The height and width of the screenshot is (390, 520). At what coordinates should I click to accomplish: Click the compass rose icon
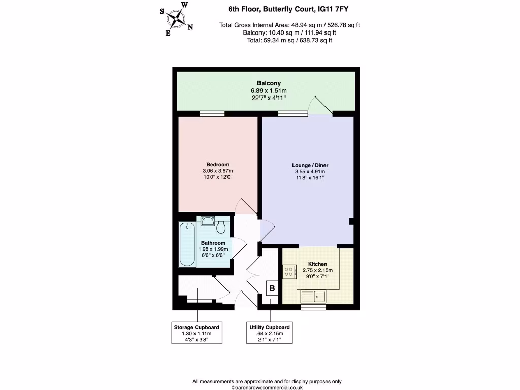[177, 19]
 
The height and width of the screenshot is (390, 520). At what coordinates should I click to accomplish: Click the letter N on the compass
[190, 28]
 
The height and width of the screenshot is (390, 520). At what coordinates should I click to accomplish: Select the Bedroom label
[217, 164]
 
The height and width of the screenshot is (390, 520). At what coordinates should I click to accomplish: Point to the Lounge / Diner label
[310, 165]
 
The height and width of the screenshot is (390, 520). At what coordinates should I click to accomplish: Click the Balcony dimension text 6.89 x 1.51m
[269, 90]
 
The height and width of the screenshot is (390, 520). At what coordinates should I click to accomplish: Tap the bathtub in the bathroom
[187, 244]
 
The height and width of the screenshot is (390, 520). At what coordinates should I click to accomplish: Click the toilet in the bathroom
[221, 224]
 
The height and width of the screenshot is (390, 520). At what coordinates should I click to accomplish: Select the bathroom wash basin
[207, 221]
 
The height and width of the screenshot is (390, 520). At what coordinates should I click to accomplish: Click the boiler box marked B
[272, 288]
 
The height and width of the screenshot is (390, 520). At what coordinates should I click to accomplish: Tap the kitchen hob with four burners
[289, 272]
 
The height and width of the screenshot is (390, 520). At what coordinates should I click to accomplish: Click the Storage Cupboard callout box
[197, 333]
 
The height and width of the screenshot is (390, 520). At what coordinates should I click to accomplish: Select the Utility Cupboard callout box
[269, 333]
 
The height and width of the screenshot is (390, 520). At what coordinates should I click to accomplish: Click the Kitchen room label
[317, 264]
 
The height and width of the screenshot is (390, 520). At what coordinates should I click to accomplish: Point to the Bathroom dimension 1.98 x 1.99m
[213, 249]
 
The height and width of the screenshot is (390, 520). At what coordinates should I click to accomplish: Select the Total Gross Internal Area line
[289, 25]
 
